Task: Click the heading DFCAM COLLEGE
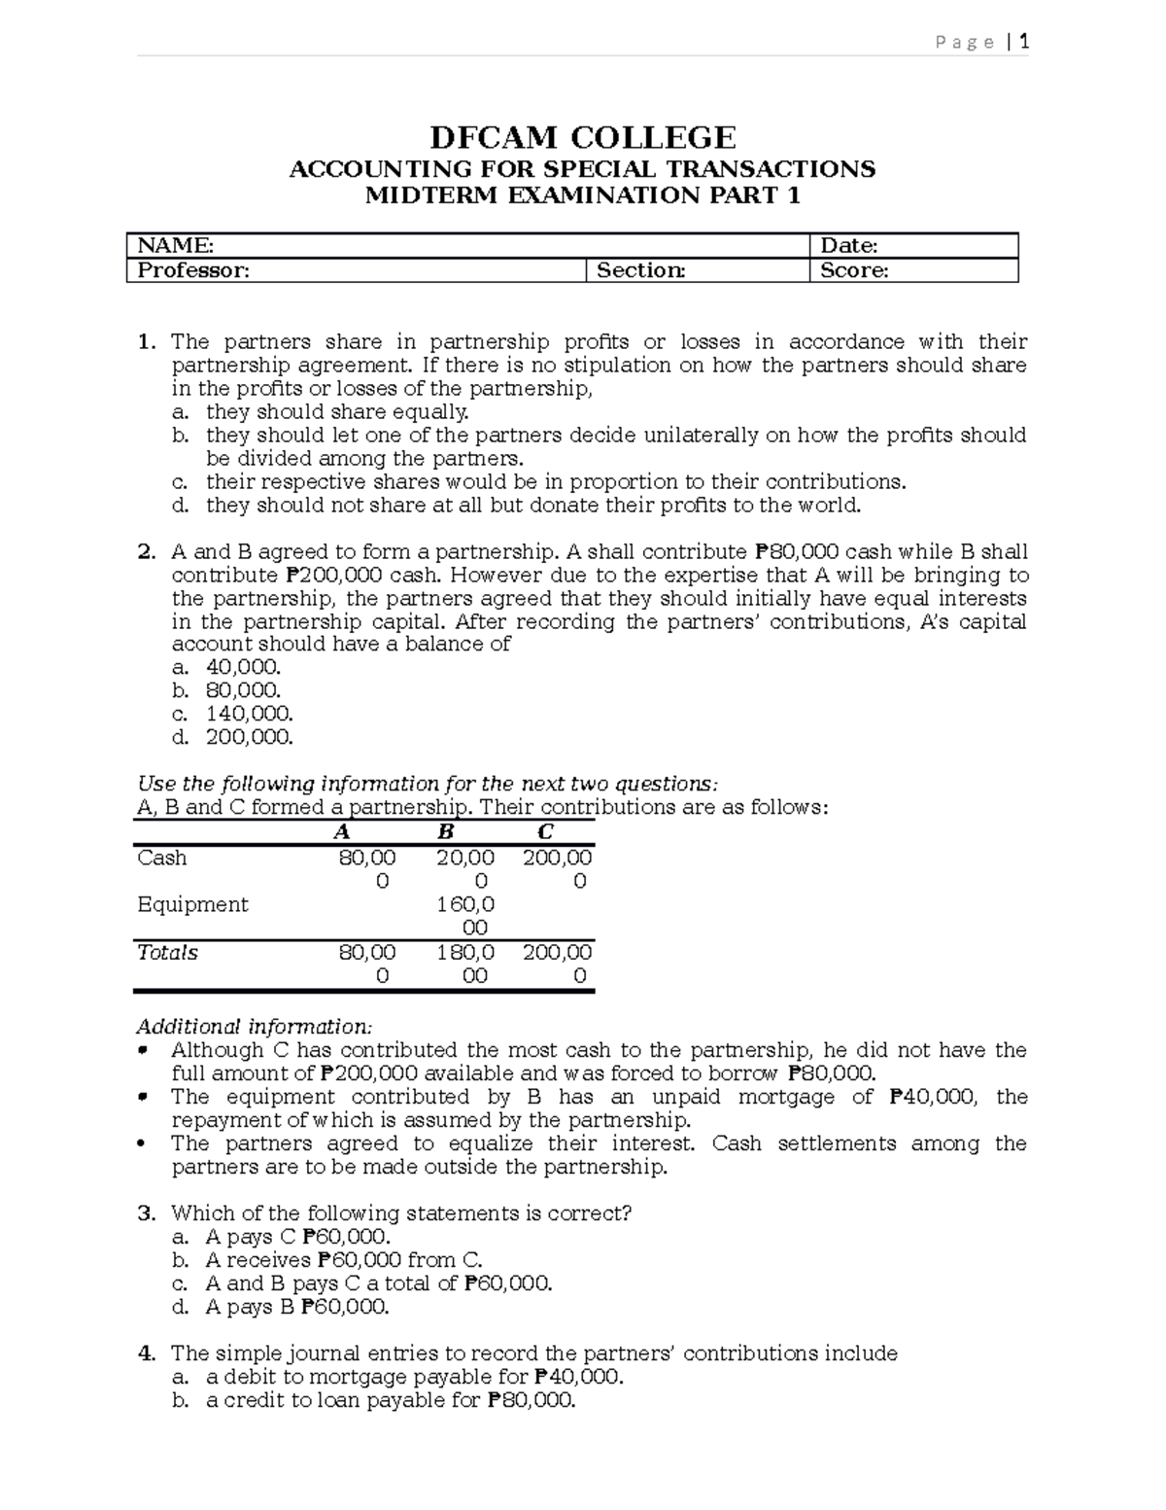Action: [x=582, y=137]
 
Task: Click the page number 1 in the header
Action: [x=1023, y=42]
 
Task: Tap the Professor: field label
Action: [x=193, y=270]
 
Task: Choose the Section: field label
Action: [x=640, y=270]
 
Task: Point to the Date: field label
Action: [x=849, y=246]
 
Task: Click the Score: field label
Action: [x=854, y=270]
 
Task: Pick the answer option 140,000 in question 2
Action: [x=249, y=714]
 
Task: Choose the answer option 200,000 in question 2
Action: [x=249, y=737]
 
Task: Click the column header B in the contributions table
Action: [x=446, y=831]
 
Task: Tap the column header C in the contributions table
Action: [x=545, y=831]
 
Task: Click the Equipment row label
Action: [x=192, y=904]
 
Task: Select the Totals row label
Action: [x=167, y=952]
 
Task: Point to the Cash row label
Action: [x=162, y=858]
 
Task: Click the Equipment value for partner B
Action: [x=465, y=915]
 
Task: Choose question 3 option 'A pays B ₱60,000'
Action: [x=297, y=1307]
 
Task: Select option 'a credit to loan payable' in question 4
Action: [x=391, y=1400]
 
